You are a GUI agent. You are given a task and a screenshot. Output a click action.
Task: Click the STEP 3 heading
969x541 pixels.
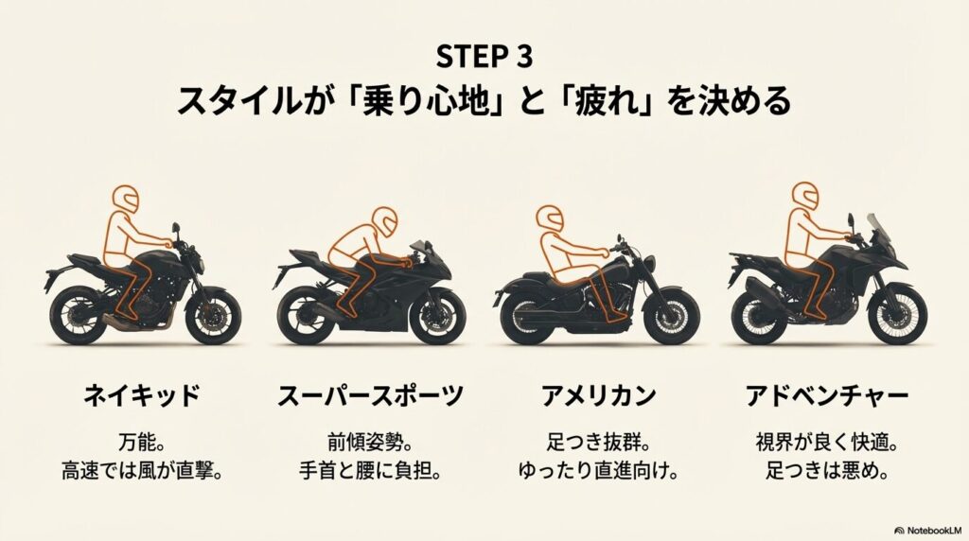click(484, 58)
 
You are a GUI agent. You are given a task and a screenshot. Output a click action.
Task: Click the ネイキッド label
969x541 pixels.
click(142, 395)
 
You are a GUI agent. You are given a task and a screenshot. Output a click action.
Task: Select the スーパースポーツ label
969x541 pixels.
click(371, 395)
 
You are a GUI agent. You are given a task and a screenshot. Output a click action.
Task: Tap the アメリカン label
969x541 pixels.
click(598, 395)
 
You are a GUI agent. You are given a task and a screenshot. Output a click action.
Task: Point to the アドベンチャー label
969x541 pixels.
click(827, 395)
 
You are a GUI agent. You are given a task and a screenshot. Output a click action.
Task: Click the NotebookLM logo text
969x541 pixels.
click(928, 531)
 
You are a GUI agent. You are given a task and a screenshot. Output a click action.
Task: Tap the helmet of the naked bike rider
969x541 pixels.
click(126, 199)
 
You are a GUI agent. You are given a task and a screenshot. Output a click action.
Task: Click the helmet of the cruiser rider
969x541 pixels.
click(550, 219)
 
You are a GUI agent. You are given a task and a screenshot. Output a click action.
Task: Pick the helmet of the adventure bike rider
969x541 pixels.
click(805, 197)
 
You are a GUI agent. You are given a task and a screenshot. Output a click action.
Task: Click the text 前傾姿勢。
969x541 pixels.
click(370, 443)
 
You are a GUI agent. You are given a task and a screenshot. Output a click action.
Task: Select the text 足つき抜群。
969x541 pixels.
click(598, 443)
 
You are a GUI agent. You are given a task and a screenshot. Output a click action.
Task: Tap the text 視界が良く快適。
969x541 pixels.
click(827, 443)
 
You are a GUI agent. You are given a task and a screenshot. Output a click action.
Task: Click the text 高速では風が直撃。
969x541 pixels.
click(142, 471)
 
